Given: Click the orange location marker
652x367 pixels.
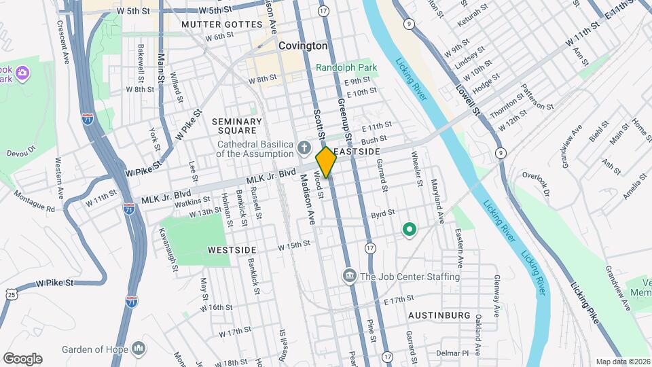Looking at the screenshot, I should click(327, 162).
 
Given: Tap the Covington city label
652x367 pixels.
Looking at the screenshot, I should click(303, 46).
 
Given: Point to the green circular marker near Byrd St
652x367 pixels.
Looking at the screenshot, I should click(410, 230).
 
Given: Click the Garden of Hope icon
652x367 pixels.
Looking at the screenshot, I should click(140, 349).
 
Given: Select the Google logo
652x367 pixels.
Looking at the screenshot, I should click(22, 359).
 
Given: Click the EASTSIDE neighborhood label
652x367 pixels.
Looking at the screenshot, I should click(357, 151).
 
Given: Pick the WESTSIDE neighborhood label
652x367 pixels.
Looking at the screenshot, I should click(232, 249).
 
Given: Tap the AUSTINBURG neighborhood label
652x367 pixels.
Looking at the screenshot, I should click(439, 316).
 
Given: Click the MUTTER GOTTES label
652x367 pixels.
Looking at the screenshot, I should click(221, 24).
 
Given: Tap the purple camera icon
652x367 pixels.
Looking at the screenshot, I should click(22, 72).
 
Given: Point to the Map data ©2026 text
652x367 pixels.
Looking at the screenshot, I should click(623, 362).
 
